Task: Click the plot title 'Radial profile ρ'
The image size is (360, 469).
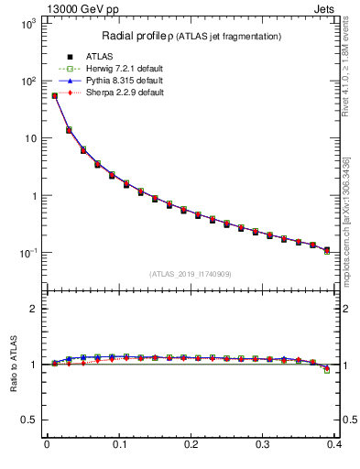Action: (x=137, y=36)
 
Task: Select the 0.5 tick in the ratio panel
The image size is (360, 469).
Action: (x=28, y=420)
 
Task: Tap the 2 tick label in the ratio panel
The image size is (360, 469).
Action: (x=33, y=309)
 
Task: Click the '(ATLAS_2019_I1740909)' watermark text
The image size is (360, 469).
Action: (x=191, y=274)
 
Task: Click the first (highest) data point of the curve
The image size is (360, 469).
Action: (x=54, y=95)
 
